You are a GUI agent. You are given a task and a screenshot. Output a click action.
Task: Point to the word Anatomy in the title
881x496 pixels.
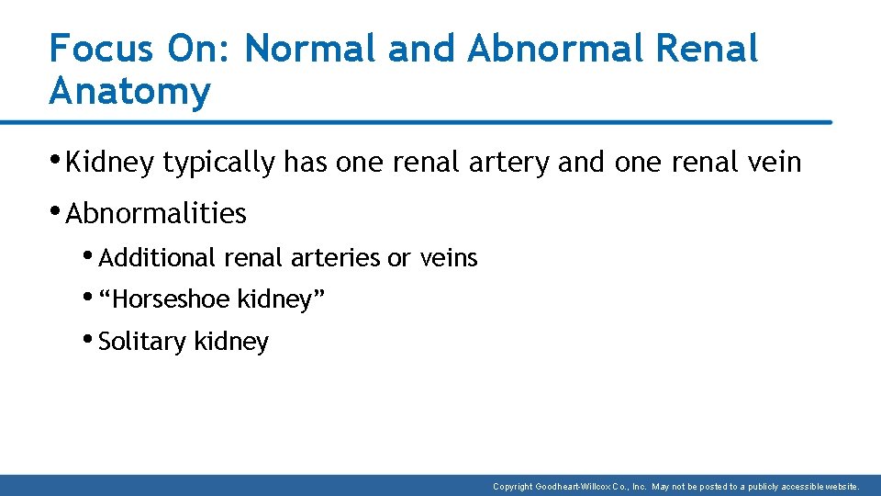point(129,92)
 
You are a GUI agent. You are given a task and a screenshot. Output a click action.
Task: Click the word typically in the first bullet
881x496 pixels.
point(217,163)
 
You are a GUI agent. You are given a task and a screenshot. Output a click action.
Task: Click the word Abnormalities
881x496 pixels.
point(156,213)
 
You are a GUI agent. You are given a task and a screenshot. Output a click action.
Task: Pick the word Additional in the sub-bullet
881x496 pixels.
point(157,258)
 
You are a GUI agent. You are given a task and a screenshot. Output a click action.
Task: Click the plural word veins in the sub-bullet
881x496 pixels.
point(449,258)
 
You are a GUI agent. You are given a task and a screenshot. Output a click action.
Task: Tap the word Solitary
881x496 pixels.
point(141,341)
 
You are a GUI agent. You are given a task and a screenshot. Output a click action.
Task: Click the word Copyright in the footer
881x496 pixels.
point(517,486)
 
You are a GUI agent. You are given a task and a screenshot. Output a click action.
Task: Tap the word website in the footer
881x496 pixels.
point(840,486)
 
